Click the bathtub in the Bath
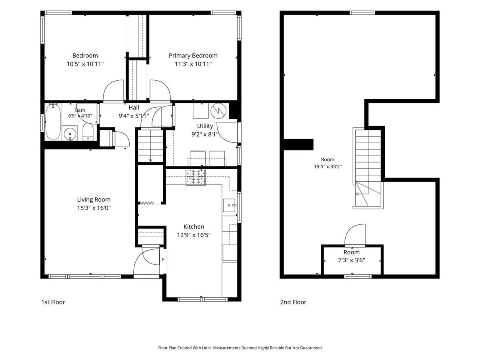point(53,122)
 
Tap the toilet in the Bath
point(88,132)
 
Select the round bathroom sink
point(70,133)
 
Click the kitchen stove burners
point(196,177)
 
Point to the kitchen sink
point(229,205)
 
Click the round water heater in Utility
point(218,111)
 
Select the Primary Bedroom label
point(193,56)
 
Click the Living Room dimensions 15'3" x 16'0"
point(94,208)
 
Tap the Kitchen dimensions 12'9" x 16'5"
point(194,235)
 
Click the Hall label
point(134,108)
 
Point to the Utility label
point(205,126)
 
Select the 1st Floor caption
point(53,302)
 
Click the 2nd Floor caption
point(293,302)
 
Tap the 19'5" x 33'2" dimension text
point(328,166)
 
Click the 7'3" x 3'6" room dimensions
point(352,260)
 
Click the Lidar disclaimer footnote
point(240,348)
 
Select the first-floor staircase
point(150,146)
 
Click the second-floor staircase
point(368,168)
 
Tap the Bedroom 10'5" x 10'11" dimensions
point(85,64)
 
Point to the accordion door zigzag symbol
point(147,203)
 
